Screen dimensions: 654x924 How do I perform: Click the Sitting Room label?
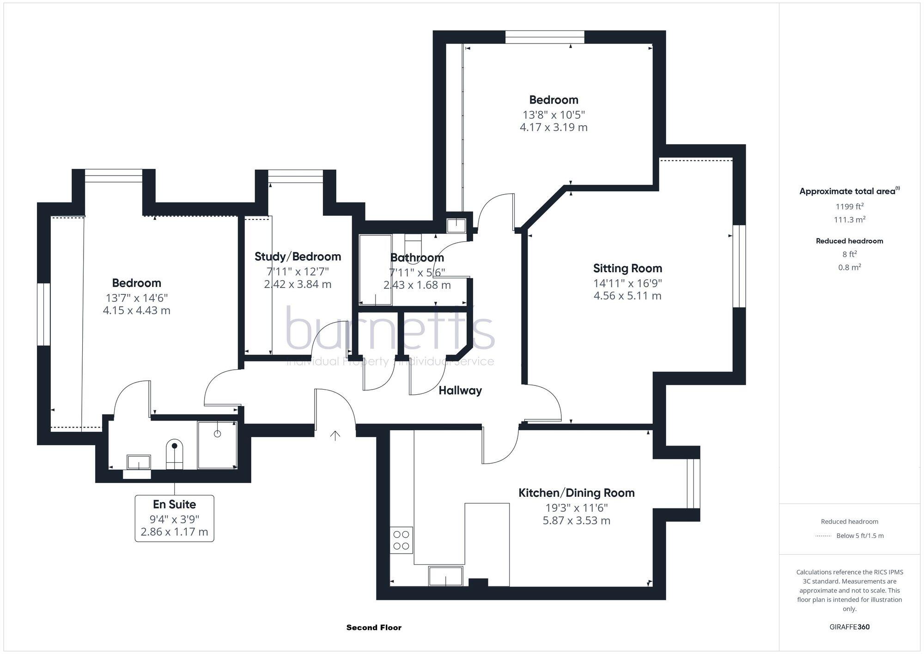(x=627, y=268)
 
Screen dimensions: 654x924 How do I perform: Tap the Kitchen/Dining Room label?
(x=576, y=493)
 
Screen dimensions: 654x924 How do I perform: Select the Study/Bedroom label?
(x=298, y=257)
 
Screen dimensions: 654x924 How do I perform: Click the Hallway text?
(x=460, y=391)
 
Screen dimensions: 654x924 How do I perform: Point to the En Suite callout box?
(x=174, y=518)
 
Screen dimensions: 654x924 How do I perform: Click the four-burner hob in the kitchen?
(x=401, y=540)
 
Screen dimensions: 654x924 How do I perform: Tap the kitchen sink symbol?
(x=445, y=576)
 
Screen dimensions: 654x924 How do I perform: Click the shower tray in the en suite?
(x=217, y=445)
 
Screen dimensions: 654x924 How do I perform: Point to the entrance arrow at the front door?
(x=335, y=435)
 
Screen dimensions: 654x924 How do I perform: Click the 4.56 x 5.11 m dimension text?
(x=627, y=296)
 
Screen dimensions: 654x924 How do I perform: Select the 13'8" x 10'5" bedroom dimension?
(x=553, y=115)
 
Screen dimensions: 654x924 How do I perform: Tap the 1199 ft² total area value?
(x=849, y=207)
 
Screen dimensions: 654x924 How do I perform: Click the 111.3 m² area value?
(x=849, y=220)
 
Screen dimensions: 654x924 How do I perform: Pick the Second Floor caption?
(x=374, y=627)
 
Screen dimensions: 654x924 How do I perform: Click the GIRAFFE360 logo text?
(x=849, y=627)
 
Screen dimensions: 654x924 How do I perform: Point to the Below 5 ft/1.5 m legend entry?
(x=859, y=536)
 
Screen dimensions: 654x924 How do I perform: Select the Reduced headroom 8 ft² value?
(x=849, y=254)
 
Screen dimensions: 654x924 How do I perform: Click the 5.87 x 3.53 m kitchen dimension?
(x=576, y=520)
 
